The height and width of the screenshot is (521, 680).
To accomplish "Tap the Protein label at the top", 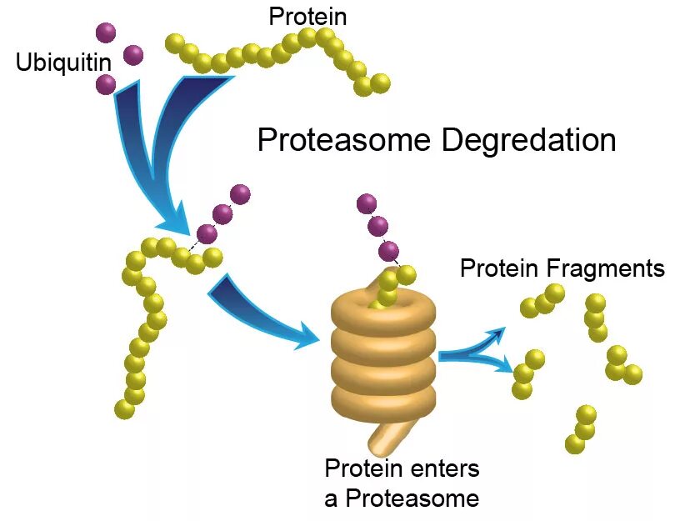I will pos(307,16).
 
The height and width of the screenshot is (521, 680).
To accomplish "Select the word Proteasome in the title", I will pos(343,140).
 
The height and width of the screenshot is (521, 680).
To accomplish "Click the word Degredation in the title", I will pos(528,140).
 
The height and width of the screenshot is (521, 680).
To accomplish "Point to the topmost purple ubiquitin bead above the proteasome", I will pos(366,203).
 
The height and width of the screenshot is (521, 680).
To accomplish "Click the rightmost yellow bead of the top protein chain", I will pos(380,83).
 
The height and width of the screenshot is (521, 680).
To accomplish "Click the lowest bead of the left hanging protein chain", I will pos(125,409).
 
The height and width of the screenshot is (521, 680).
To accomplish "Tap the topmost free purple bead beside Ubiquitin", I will pos(106,33).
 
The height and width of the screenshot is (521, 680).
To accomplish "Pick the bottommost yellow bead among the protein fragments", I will pos(574,444).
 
